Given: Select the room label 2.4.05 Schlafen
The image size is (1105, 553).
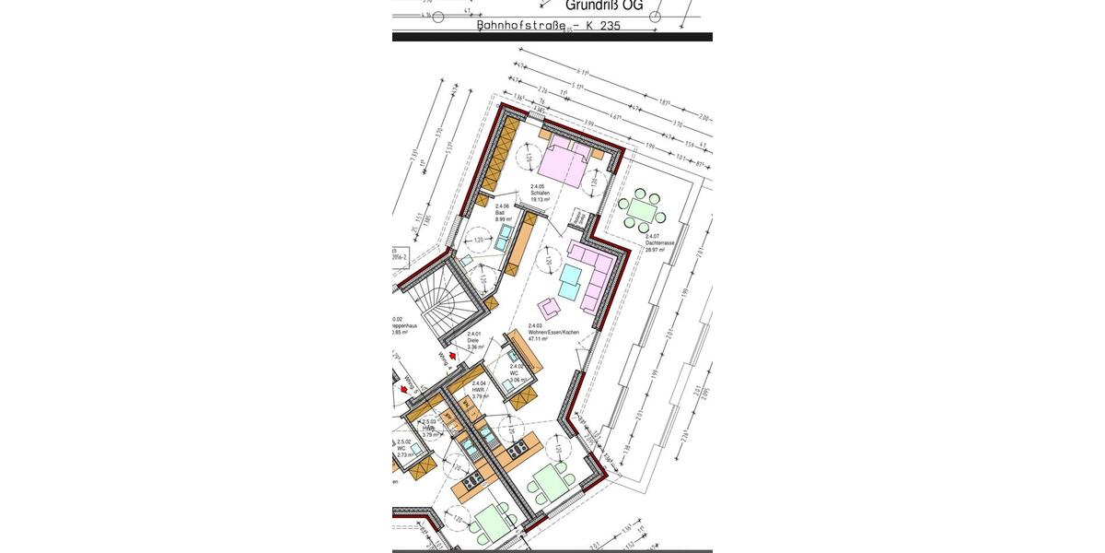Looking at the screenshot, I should [x=540, y=192].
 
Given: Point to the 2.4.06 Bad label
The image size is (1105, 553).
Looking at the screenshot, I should [x=503, y=213].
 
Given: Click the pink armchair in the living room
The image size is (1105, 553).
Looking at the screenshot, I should [x=550, y=307].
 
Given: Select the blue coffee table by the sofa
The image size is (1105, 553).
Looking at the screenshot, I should [x=572, y=278].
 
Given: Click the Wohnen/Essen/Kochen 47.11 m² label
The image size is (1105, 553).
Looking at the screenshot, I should [x=552, y=333].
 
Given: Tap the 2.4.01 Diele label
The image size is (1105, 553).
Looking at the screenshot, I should [x=474, y=340].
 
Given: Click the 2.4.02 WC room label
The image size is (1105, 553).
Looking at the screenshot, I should [x=518, y=372].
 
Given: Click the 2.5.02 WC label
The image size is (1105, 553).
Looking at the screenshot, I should [x=404, y=448].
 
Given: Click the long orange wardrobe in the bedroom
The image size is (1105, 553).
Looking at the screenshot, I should [x=497, y=158].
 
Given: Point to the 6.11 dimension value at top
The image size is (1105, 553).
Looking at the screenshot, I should [x=581, y=70].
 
